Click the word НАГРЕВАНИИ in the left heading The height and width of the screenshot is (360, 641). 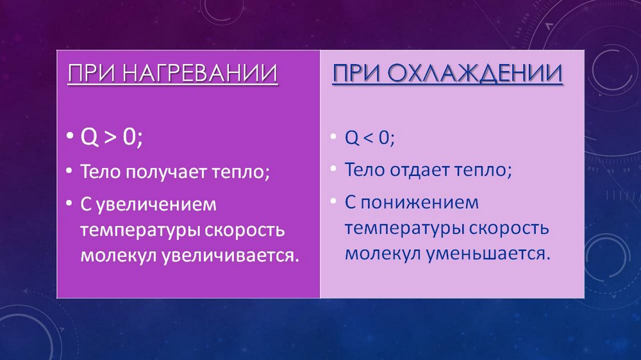coord(199,74)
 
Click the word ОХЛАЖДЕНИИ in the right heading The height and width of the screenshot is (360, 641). coord(474,74)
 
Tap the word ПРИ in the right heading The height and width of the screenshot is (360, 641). coord(357,74)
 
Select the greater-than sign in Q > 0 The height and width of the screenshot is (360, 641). coord(110,137)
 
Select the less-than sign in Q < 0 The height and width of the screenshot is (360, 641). coord(369,138)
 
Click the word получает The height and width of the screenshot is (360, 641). coord(165,172)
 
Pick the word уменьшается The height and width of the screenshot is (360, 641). coord(486,254)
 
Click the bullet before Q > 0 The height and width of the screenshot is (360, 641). coord(70,136)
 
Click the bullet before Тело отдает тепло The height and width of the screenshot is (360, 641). coord(333,168)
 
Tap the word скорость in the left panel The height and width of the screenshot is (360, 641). coord(244,231)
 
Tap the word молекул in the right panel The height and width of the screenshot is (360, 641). coord(383,254)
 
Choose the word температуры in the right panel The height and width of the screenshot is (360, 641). coord(404,229)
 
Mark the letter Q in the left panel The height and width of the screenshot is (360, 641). coord(89,137)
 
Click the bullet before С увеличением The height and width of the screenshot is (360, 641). coord(70,202)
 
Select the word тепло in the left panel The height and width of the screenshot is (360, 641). coord(239,172)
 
